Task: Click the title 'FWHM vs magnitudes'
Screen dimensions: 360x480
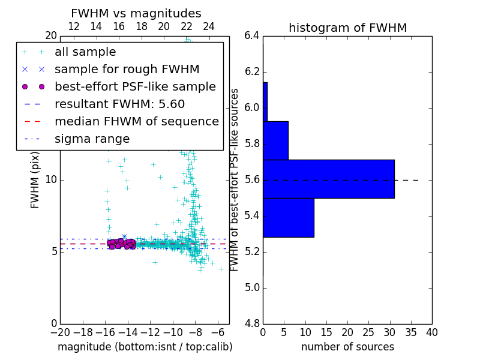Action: [136, 13]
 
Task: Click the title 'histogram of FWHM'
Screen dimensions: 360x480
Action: [347, 28]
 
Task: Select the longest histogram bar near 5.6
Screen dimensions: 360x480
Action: [328, 179]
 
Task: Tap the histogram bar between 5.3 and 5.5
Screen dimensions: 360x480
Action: [288, 217]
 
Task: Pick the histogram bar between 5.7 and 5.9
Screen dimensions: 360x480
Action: [275, 140]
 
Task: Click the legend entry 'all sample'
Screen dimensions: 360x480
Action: [85, 52]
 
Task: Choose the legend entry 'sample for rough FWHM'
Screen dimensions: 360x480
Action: [127, 69]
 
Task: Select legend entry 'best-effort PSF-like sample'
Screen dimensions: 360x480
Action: [135, 86]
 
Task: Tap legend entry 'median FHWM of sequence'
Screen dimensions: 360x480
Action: [136, 121]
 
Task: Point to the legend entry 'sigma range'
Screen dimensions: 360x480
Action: [92, 139]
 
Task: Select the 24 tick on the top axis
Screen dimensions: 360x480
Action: [209, 26]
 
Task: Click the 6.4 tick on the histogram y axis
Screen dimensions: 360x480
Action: [251, 35]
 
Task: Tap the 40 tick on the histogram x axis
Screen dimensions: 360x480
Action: [431, 332]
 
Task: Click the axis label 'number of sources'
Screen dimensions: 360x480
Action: [347, 347]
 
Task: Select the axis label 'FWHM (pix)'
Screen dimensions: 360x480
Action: [35, 179]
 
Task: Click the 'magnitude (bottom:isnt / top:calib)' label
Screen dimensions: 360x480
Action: [145, 347]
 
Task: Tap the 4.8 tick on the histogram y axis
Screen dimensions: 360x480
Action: [251, 323]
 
